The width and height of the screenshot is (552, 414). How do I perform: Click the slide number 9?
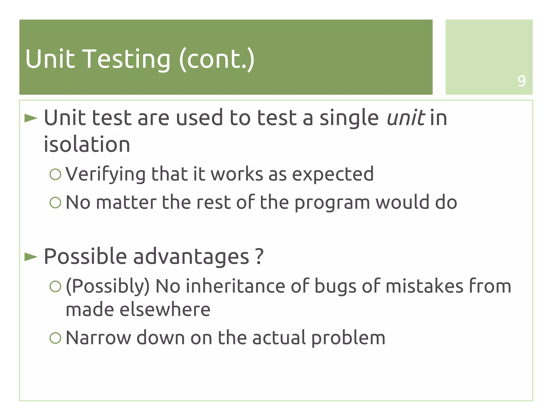click(522, 81)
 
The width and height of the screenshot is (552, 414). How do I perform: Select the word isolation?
click(87, 144)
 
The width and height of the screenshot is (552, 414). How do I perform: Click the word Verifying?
click(105, 174)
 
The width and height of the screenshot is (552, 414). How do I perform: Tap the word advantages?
click(191, 256)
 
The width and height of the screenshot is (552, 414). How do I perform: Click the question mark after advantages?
click(259, 256)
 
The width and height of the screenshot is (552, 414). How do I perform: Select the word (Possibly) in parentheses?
click(108, 287)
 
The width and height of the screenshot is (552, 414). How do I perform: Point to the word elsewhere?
click(165, 309)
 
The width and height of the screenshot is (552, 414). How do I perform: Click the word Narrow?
click(98, 338)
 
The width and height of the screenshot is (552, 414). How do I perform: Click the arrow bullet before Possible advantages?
click(31, 257)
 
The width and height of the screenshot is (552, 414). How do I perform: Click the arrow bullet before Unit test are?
click(31, 118)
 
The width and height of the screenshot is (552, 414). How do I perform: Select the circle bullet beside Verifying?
click(56, 174)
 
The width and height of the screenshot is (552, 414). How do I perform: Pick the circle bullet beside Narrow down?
click(56, 338)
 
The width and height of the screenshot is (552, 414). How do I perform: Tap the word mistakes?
click(424, 286)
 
